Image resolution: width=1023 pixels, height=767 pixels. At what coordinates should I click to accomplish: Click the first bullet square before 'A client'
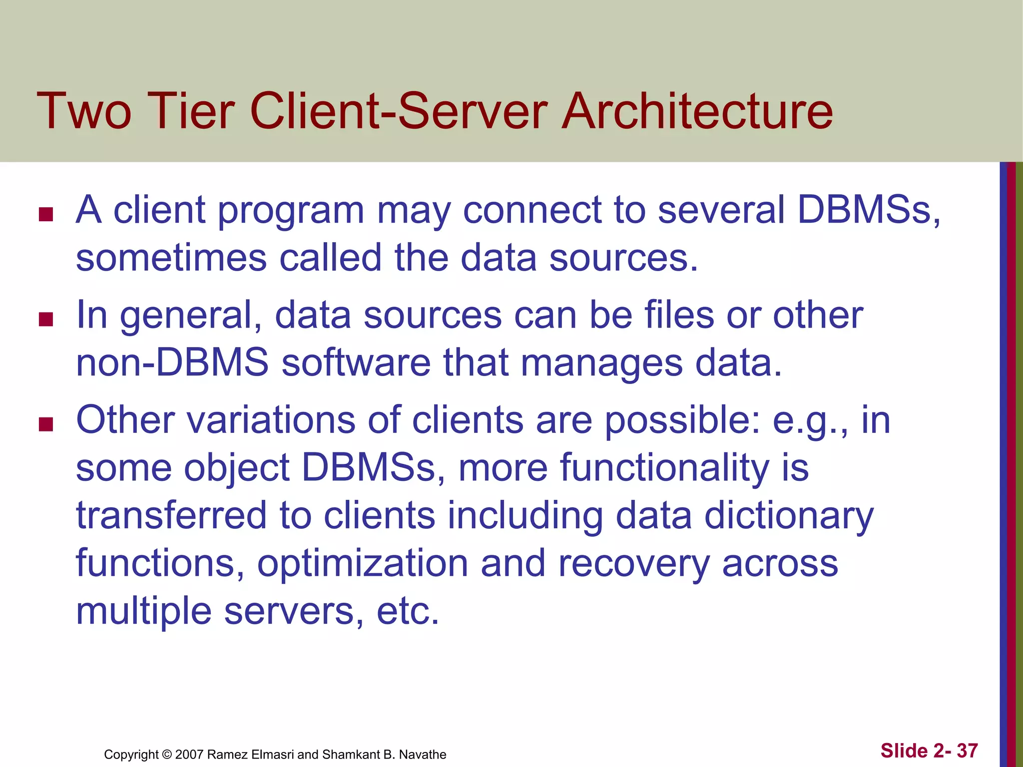click(46, 215)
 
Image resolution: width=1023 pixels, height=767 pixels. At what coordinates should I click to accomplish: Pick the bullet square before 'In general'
click(46, 319)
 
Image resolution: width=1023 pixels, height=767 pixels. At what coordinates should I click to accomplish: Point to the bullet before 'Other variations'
click(46, 424)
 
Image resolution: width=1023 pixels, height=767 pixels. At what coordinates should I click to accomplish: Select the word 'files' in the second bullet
click(679, 315)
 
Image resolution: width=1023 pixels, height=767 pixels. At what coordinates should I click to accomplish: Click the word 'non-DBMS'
click(172, 363)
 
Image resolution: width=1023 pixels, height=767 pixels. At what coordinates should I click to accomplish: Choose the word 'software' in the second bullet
click(356, 363)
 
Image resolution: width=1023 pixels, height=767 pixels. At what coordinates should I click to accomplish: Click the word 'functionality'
click(664, 468)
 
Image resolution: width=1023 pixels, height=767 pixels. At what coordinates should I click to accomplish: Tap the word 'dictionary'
click(789, 516)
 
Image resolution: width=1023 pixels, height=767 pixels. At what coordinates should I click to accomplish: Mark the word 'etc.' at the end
click(408, 611)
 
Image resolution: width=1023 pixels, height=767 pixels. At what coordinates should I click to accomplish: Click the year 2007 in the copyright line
click(189, 755)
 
